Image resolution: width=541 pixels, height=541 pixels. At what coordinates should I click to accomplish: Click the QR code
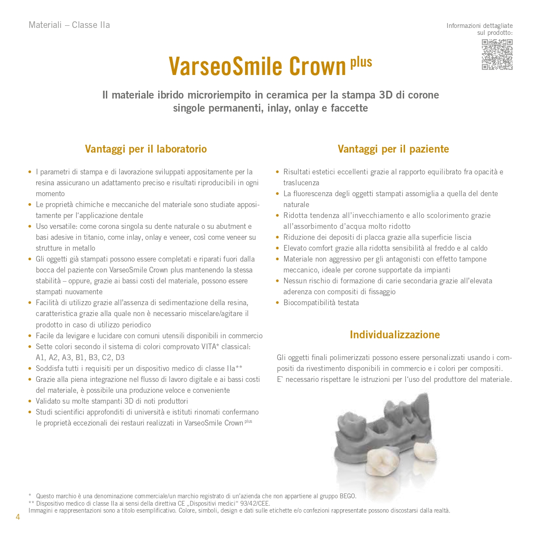point(497,54)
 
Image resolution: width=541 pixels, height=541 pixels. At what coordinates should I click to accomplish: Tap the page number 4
point(18,517)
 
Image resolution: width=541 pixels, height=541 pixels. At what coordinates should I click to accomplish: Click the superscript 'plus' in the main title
point(361,62)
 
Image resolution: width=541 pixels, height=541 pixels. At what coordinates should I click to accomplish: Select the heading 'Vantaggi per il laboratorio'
point(146,149)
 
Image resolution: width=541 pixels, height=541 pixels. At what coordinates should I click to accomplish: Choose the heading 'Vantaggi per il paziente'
point(393,149)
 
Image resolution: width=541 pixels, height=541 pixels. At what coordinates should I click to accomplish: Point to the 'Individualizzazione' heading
point(395,335)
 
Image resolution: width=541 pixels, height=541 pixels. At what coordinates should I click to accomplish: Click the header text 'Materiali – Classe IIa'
point(69,25)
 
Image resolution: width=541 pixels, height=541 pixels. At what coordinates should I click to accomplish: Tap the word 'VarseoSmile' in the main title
point(225,66)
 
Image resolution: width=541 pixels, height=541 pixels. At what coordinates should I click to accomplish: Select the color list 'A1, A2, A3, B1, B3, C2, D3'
point(80,357)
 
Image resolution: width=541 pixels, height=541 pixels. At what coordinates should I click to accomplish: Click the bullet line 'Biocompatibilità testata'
point(321,303)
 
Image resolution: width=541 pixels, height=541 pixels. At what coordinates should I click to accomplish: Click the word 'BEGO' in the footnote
point(347,496)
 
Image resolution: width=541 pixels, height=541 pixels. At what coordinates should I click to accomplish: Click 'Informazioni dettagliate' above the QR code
point(480,26)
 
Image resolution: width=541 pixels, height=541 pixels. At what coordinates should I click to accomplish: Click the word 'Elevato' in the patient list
point(296,248)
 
